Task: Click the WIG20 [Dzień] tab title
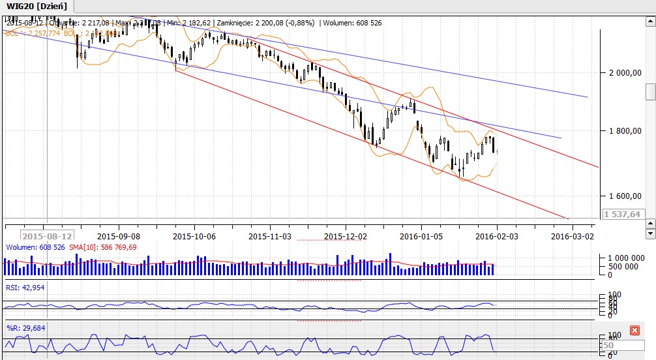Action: pos(37,6)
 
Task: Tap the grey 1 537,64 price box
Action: pos(621,214)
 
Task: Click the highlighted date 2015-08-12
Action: pos(46,235)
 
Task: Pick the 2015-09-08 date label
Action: pos(119,235)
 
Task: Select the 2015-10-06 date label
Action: pos(194,235)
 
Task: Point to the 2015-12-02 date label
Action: pos(346,235)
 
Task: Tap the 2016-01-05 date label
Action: pos(421,235)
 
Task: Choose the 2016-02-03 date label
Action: pos(497,235)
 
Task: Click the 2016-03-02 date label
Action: pos(573,235)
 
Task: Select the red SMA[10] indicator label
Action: pos(96,248)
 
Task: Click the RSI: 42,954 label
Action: pos(25,288)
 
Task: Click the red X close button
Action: pos(634,331)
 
